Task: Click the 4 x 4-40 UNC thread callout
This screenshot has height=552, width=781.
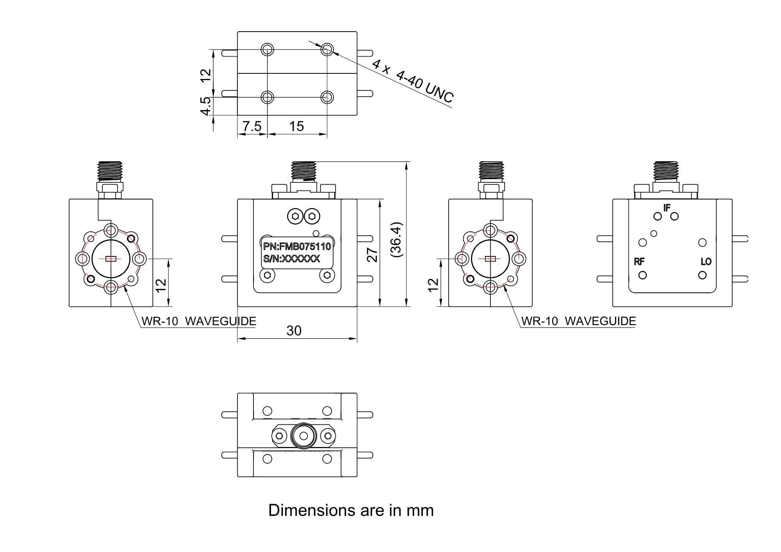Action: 413,81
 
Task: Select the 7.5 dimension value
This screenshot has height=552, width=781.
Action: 252,126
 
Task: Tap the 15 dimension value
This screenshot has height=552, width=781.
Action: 296,126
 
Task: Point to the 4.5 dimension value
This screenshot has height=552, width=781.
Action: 205,106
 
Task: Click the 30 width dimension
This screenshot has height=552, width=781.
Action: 294,331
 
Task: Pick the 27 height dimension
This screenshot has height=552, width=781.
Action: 372,255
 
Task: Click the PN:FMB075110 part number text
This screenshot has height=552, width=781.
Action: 297,246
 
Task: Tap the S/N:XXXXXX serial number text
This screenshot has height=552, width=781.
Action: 292,258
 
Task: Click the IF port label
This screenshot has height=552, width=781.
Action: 667,208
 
